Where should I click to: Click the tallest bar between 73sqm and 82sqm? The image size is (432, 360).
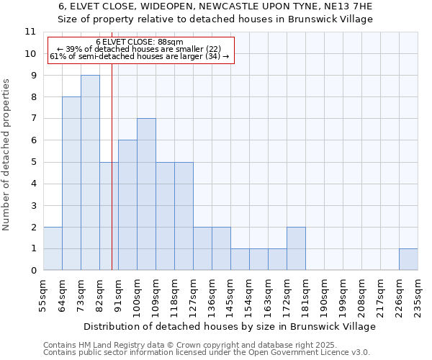click(x=90, y=173)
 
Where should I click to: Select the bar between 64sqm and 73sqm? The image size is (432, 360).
click(x=71, y=184)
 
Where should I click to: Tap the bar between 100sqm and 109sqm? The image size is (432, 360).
click(x=146, y=194)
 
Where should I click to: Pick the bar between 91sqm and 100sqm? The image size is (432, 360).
click(x=127, y=205)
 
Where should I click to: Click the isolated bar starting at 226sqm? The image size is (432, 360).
click(x=408, y=259)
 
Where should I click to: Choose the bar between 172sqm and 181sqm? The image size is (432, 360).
click(x=296, y=248)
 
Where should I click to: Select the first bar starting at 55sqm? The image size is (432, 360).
click(x=53, y=248)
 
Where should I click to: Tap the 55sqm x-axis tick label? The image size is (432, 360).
click(x=44, y=294)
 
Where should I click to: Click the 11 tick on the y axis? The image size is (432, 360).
click(x=30, y=32)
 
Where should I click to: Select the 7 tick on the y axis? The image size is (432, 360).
click(x=32, y=119)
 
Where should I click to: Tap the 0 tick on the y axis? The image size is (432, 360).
click(x=32, y=271)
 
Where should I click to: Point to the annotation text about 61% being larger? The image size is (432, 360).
click(x=140, y=56)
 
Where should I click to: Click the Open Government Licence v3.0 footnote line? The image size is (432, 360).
click(x=206, y=353)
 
